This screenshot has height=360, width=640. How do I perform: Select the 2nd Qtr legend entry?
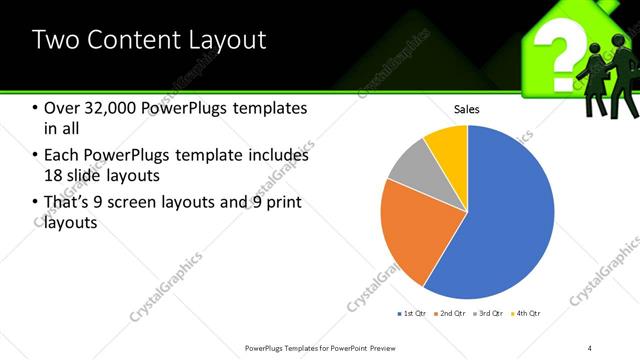[452, 314]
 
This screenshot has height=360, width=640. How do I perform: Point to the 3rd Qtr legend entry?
[489, 314]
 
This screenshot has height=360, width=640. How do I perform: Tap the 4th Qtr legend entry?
[526, 314]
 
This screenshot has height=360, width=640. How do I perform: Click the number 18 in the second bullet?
[54, 176]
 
